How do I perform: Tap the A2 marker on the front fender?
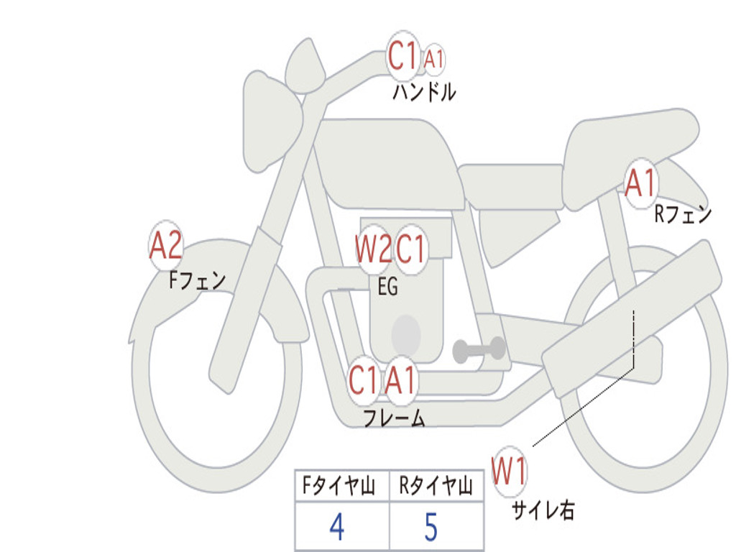165,247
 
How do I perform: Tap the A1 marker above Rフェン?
640,183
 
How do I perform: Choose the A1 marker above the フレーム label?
400,379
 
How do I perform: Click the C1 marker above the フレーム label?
363,379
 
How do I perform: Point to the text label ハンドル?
424,92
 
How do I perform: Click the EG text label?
387,287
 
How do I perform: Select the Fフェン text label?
198,280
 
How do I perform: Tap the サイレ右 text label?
543,510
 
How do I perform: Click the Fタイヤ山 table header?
338,487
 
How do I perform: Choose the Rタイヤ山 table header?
436,487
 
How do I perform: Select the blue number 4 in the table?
336,528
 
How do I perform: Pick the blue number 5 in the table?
431,528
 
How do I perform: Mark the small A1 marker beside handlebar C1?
433,60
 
